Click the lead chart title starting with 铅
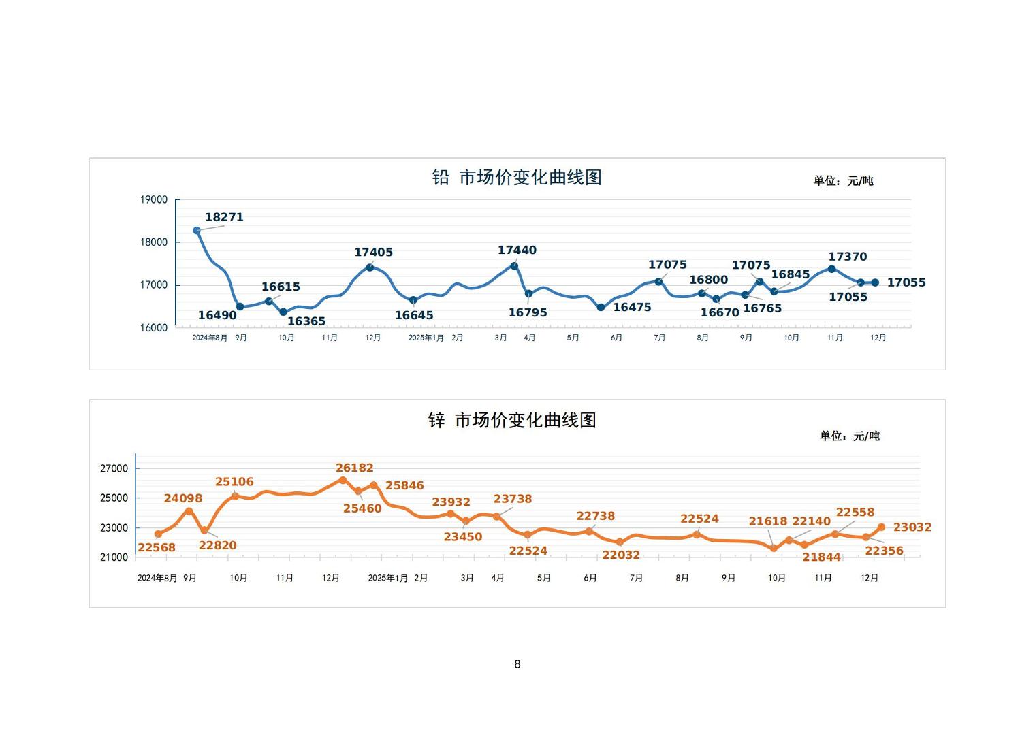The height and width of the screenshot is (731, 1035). tap(517, 178)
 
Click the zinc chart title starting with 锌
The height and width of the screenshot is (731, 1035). tap(512, 421)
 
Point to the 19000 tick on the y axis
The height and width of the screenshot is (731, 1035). tap(154, 199)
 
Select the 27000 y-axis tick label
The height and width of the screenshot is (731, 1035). tap(114, 468)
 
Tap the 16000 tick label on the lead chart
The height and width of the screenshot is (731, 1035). tap(154, 327)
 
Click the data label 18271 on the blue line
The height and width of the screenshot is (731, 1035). tap(224, 217)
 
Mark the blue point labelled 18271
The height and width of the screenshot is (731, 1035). tap(197, 231)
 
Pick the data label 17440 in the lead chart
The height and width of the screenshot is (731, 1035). tap(517, 250)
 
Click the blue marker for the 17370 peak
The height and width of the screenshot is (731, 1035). tap(831, 269)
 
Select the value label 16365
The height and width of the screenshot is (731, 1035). tap(306, 321)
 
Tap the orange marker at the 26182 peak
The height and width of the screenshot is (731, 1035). tap(343, 481)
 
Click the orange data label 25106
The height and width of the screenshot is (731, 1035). tap(234, 482)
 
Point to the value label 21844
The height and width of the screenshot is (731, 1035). tap(821, 557)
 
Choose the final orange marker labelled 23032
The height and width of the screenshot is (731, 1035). tap(881, 527)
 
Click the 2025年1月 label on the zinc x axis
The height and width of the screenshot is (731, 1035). tap(387, 578)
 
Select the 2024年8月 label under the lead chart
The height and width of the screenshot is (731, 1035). tap(210, 338)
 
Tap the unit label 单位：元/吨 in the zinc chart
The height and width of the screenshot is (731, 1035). tap(849, 436)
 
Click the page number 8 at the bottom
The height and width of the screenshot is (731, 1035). tap(517, 664)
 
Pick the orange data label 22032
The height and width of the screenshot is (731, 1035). tap(621, 555)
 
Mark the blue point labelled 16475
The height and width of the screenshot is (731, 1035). tap(601, 308)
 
